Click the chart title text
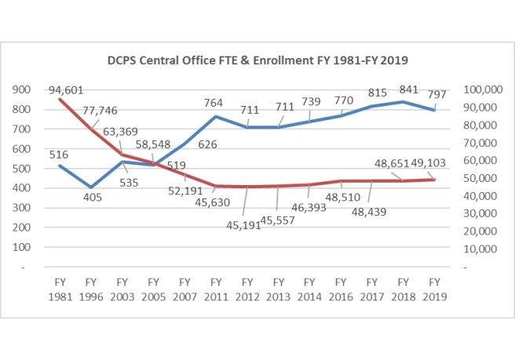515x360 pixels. pyautogui.click(x=257, y=60)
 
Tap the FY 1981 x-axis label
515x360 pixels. pyautogui.click(x=60, y=289)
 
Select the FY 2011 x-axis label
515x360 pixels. pyautogui.click(x=216, y=289)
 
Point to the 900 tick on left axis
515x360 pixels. pyautogui.click(x=24, y=90)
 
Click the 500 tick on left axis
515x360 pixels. pyautogui.click(x=24, y=169)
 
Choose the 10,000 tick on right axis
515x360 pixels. pyautogui.click(x=483, y=248)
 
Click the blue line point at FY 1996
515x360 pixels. pyautogui.click(x=91, y=187)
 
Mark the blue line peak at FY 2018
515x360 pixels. pyautogui.click(x=403, y=102)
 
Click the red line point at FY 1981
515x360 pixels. pyautogui.click(x=60, y=100)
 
